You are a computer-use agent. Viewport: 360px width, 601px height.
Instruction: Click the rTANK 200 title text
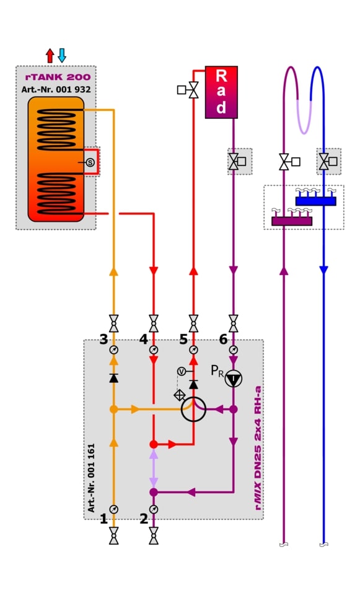tap(58, 77)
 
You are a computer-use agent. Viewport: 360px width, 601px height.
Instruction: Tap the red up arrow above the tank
tap(50, 56)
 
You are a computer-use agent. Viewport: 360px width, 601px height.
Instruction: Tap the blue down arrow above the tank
tap(62, 56)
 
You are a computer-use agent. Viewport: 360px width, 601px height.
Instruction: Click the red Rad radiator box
tap(221, 92)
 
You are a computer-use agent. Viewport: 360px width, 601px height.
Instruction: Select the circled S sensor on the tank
tap(90, 162)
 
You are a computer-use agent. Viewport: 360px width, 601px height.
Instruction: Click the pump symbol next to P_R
tap(234, 379)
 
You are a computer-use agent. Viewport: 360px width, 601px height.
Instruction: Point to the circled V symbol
tap(182, 371)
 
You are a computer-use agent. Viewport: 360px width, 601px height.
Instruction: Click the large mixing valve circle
tap(193, 410)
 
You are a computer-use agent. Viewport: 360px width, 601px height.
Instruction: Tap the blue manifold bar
tap(316, 201)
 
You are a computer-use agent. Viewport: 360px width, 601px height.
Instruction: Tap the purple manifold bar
tap(292, 221)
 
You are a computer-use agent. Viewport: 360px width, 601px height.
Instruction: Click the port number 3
tap(103, 339)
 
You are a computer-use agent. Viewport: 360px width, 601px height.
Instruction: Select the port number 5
tap(183, 339)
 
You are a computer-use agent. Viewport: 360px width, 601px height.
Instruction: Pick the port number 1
tap(103, 519)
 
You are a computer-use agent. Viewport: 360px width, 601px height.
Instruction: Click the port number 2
tap(144, 519)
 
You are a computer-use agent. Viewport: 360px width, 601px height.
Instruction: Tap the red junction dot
tap(154, 445)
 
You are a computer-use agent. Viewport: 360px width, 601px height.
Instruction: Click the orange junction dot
tap(113, 410)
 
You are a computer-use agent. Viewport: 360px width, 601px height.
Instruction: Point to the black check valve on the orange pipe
tap(113, 378)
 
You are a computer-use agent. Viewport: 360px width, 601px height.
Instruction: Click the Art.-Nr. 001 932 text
tap(56, 90)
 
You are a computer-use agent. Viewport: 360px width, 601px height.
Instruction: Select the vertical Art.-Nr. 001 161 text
tap(91, 478)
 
